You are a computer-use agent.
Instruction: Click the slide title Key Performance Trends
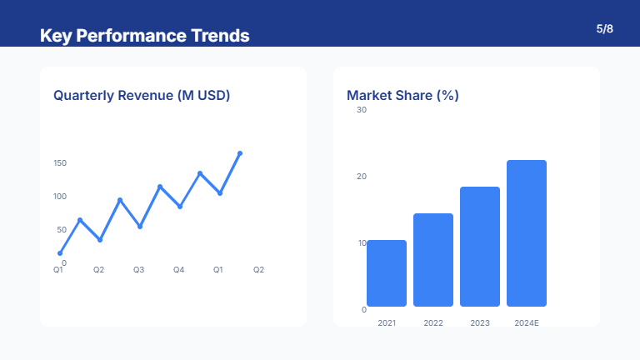tap(144, 36)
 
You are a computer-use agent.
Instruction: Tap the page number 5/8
tap(605, 29)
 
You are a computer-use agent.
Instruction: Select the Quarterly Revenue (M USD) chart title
tap(142, 95)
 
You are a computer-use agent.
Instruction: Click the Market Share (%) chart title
tap(402, 95)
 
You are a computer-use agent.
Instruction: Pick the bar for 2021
tap(387, 273)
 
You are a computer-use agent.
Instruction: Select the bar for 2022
tap(433, 260)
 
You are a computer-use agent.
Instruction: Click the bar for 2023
tap(480, 247)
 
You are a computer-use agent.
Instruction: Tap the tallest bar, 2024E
tap(527, 233)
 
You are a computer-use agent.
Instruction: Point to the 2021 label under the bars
tap(387, 322)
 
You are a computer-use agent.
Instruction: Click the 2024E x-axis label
tap(527, 322)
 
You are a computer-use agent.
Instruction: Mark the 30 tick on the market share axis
tap(362, 110)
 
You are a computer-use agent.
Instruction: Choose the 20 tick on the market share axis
tap(362, 177)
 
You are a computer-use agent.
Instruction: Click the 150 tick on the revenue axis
tap(60, 163)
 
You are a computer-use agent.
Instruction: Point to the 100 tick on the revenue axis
tap(60, 197)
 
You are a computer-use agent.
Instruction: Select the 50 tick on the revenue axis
tap(62, 230)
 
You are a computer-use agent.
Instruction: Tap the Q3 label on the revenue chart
tap(138, 270)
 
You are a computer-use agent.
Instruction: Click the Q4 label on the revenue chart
tap(178, 270)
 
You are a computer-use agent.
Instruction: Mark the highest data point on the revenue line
tap(240, 153)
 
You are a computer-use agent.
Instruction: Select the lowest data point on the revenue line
tap(60, 253)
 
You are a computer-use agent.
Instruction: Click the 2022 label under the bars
tap(433, 322)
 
